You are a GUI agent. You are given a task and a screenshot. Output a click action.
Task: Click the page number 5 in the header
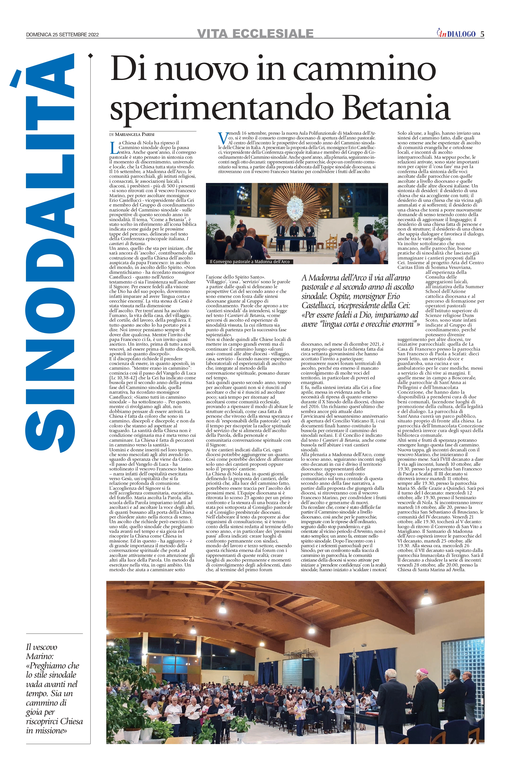[482, 34]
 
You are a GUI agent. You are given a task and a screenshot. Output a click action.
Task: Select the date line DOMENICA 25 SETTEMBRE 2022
[62, 35]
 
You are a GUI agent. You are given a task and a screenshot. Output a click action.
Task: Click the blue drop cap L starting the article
[114, 148]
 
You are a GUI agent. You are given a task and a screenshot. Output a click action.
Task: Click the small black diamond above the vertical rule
[90, 56]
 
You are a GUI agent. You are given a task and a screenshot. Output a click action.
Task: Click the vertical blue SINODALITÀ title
[50, 251]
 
